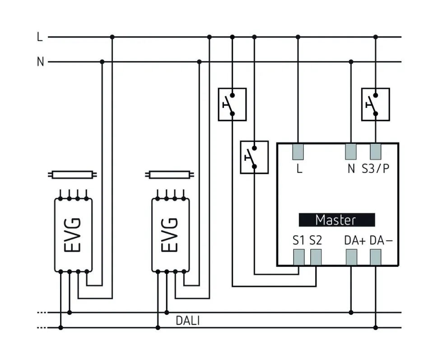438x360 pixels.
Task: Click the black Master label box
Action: point(336,220)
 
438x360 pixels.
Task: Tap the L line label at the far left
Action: point(40,37)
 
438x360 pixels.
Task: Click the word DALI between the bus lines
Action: point(188,321)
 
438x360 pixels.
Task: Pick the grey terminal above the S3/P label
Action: point(376,151)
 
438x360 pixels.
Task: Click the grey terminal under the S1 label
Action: point(298,257)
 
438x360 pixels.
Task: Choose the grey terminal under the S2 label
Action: point(316,257)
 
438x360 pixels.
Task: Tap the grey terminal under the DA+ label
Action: point(351,257)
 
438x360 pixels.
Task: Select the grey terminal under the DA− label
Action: point(376,257)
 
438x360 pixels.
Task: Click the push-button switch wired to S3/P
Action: point(376,104)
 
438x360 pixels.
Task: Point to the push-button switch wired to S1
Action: point(254,157)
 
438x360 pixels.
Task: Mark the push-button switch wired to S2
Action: point(232,104)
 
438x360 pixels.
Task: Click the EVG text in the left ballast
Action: point(73,235)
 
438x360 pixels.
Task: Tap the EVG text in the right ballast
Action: point(170,235)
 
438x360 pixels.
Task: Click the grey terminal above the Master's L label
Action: point(298,151)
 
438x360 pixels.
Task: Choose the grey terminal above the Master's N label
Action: point(351,151)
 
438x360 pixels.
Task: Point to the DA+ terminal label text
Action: point(354,241)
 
